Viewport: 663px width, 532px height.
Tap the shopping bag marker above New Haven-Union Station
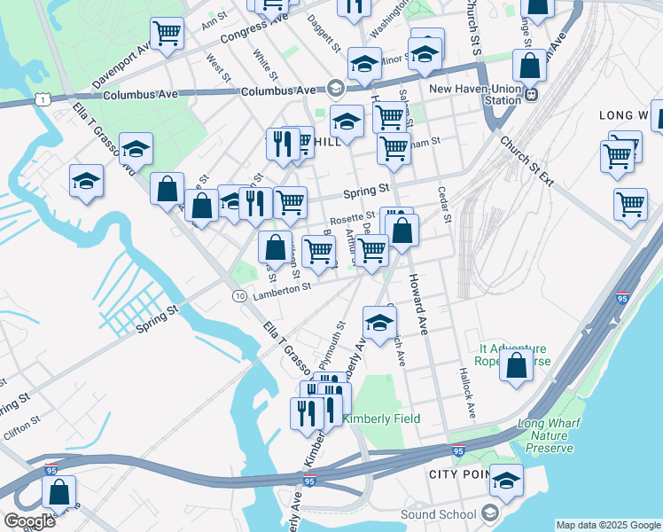coord(529,66)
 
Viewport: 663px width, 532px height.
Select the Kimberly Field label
coord(381,419)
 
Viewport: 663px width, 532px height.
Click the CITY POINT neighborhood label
coord(459,474)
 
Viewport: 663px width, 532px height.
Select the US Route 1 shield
coord(43,100)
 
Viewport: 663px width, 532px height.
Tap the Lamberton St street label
coord(282,287)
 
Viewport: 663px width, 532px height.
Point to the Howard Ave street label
coord(417,303)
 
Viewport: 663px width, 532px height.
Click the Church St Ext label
coord(526,160)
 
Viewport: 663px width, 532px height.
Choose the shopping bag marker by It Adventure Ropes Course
coord(516,365)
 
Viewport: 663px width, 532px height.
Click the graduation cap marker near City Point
coord(506,481)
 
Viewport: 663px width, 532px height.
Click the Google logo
coord(29,521)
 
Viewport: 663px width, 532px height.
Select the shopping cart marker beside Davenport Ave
coord(167,34)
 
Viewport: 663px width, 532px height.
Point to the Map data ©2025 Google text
coord(608,525)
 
